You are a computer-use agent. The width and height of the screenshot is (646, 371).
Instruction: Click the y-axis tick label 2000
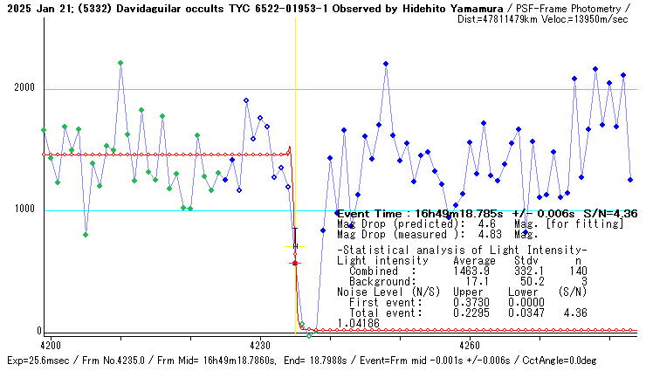[x=24, y=88]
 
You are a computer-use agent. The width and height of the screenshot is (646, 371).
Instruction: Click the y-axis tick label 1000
[x=24, y=210]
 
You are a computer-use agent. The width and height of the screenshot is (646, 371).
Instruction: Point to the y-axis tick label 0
[x=38, y=331]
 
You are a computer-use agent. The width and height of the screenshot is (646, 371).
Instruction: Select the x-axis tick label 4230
[x=260, y=345]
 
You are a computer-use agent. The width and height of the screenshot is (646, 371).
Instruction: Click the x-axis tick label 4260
[x=469, y=345]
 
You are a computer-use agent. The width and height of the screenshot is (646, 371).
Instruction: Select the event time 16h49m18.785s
[x=448, y=213]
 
